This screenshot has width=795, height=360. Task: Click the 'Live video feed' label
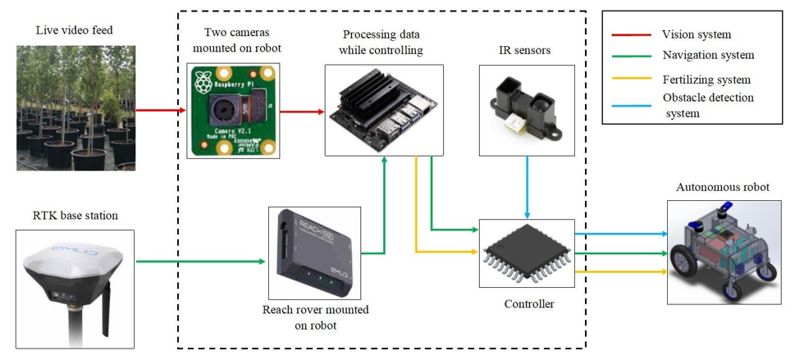coord(74,30)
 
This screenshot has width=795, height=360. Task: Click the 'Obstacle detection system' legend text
coord(708,106)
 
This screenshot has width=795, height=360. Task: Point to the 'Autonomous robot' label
coord(722,187)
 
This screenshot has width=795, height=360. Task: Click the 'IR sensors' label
coord(525,51)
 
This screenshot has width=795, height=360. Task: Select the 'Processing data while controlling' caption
coord(383,43)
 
